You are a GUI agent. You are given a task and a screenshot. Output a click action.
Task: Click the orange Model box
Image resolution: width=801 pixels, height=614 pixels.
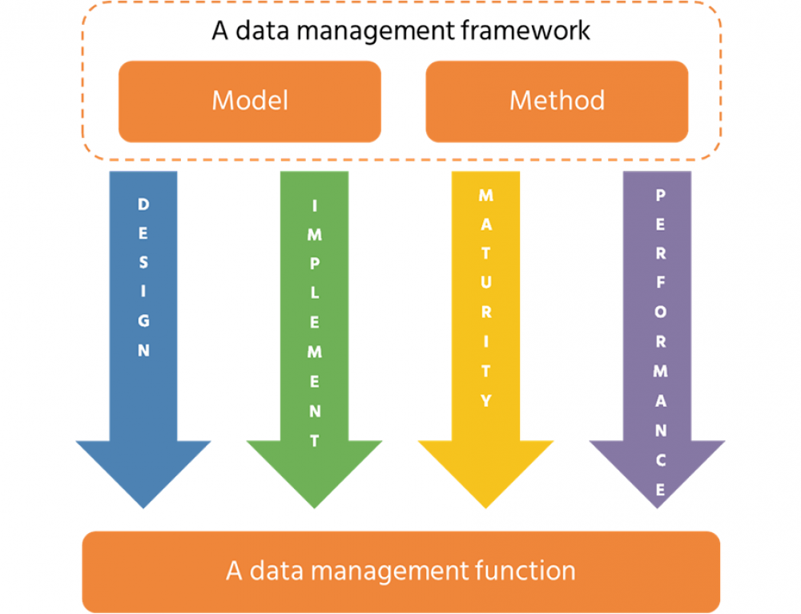click(x=249, y=101)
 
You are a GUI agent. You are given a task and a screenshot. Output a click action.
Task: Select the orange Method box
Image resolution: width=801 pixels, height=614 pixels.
click(x=557, y=101)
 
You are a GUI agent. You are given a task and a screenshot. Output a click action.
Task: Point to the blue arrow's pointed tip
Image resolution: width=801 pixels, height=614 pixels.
click(x=143, y=505)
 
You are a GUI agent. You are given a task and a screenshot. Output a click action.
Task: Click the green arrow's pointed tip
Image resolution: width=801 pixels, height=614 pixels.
click(x=314, y=505)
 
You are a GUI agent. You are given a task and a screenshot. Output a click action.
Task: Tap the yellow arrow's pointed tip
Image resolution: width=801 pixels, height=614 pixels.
click(x=485, y=505)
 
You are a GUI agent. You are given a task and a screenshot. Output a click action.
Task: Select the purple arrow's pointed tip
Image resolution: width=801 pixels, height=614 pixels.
click(x=657, y=505)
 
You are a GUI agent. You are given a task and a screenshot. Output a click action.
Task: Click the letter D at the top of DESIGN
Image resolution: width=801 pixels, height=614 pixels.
click(x=143, y=204)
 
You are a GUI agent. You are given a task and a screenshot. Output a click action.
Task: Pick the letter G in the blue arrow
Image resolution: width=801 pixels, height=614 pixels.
click(x=143, y=321)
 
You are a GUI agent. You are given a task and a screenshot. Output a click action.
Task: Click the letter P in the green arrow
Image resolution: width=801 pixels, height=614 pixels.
click(x=314, y=265)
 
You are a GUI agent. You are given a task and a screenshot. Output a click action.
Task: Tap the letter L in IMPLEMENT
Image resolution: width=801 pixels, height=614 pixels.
click(x=314, y=293)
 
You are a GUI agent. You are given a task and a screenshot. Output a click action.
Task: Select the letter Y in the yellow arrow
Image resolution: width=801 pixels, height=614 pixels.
click(x=485, y=401)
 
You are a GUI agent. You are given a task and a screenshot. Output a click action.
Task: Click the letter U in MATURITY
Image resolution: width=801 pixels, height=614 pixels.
click(x=485, y=283)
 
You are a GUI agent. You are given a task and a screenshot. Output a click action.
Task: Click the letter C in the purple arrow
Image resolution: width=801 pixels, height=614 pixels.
click(x=659, y=460)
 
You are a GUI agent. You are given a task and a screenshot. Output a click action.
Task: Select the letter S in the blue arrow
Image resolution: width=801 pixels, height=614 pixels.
click(x=143, y=262)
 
